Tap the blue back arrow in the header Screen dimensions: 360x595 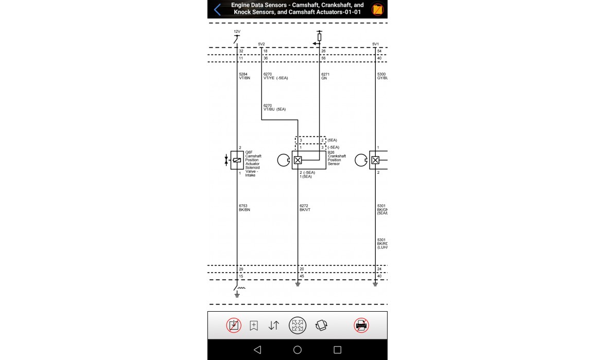click(x=217, y=9)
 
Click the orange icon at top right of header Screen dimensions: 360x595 click(x=378, y=9)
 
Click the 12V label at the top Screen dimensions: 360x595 click(x=237, y=31)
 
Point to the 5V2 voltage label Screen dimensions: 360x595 click(x=261, y=44)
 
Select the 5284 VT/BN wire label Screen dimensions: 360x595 click(x=244, y=76)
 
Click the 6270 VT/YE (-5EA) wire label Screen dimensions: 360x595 click(x=275, y=76)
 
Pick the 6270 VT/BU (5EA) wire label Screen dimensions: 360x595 click(x=274, y=107)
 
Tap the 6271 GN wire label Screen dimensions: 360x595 click(x=325, y=76)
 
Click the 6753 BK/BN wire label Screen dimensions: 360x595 click(x=244, y=208)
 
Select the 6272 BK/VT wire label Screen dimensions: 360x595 click(x=305, y=208)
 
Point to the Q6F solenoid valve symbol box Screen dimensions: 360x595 click(x=237, y=160)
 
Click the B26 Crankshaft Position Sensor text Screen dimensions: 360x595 click(x=337, y=158)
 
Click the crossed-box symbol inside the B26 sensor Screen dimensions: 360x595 click(x=297, y=160)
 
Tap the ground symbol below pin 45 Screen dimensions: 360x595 click(x=297, y=284)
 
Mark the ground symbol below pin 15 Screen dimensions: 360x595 click(x=237, y=294)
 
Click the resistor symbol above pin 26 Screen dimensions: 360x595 click(x=319, y=37)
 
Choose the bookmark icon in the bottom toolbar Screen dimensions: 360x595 click(x=254, y=326)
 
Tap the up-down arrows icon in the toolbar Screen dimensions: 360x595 click(x=274, y=326)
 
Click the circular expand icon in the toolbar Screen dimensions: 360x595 click(x=297, y=326)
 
